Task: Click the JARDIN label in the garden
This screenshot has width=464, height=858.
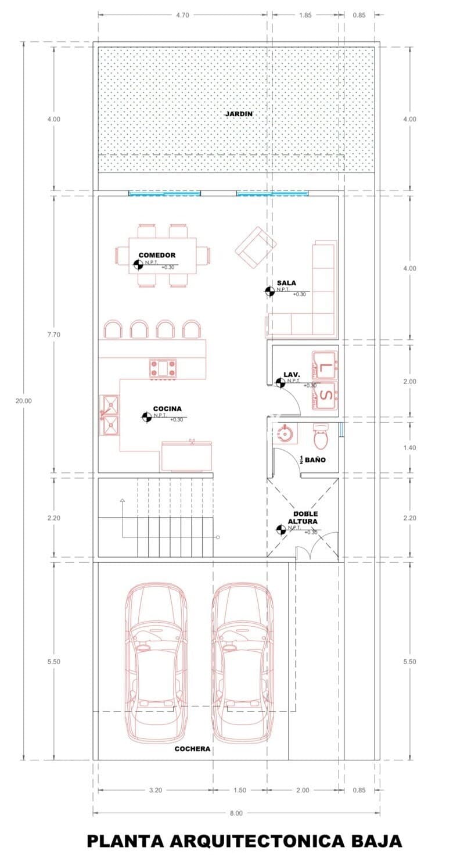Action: (x=239, y=114)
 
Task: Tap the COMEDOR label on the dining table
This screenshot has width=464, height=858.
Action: (x=157, y=255)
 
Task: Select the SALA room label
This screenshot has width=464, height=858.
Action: (x=286, y=283)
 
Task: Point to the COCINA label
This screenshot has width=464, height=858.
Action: (x=167, y=409)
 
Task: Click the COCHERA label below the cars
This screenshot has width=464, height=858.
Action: (x=193, y=749)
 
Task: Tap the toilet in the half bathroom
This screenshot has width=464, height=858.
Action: (x=321, y=436)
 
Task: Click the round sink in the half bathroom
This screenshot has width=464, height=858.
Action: (x=285, y=433)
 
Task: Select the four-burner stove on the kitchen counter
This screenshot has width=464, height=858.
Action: (x=163, y=369)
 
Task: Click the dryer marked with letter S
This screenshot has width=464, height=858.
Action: (x=325, y=395)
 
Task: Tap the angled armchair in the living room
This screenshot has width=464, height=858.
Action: (x=256, y=247)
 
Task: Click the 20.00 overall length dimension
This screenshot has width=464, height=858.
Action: (x=23, y=401)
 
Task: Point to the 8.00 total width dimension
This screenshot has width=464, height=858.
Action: (x=236, y=813)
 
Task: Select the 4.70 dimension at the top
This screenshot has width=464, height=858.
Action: (x=182, y=15)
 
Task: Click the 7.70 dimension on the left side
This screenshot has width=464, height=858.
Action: (x=53, y=335)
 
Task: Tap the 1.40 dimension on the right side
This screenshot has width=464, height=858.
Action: (x=409, y=447)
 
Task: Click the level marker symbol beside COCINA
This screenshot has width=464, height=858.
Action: (x=146, y=417)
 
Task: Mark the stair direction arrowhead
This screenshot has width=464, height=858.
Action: (x=122, y=500)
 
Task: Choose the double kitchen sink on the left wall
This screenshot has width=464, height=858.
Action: (x=110, y=415)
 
